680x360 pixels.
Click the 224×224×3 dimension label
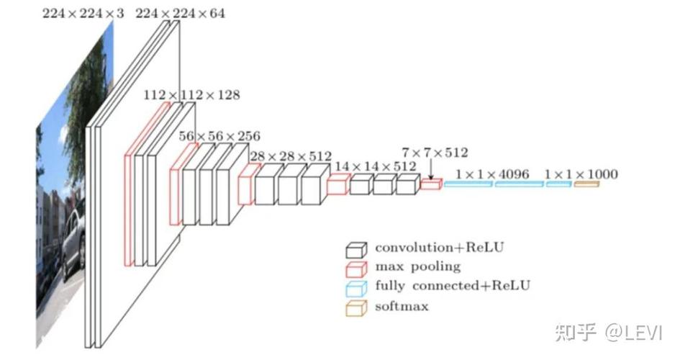coord(83,14)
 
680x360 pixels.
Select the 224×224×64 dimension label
coord(181,14)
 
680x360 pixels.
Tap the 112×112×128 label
coord(191,95)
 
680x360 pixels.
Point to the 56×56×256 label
coord(219,136)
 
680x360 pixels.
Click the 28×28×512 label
coord(291,156)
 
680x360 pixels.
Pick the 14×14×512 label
coord(376,166)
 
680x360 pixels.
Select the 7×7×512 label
coord(435,153)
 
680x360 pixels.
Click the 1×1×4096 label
coord(492,174)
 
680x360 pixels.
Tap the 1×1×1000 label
coord(581,174)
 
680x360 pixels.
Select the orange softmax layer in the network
coord(586,184)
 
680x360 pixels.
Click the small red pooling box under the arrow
coord(431,184)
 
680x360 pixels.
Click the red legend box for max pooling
coord(356,269)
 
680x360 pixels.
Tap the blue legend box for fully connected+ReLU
coord(356,289)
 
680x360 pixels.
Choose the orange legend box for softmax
coord(356,308)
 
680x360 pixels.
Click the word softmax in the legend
coord(402,306)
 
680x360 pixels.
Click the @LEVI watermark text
coord(634,333)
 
